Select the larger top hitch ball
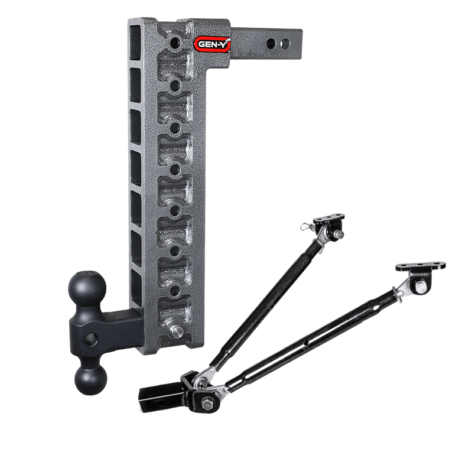89,288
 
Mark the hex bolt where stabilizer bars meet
209,404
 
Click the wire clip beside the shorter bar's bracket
306,224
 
